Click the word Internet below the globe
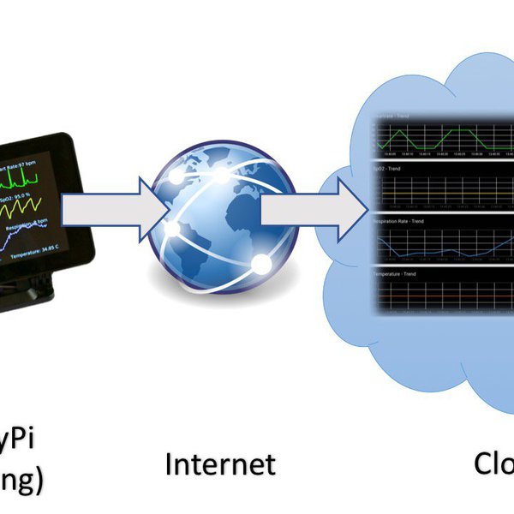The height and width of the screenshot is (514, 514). click(x=220, y=464)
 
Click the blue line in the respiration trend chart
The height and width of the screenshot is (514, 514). click(x=428, y=246)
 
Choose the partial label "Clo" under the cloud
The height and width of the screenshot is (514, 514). click(x=493, y=463)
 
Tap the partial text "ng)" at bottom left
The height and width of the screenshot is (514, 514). click(x=21, y=481)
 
